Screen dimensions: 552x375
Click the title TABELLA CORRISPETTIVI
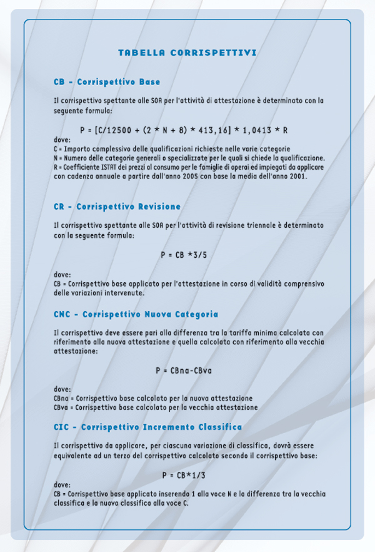point(187,53)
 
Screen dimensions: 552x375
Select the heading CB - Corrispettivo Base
point(107,82)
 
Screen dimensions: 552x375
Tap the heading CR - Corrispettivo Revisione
point(117,207)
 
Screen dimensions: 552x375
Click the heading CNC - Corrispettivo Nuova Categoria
point(136,314)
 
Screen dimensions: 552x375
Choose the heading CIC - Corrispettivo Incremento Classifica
point(147,427)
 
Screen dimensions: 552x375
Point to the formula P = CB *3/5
point(187,255)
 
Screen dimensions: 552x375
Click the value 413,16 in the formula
point(217,130)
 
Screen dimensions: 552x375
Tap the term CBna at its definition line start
point(61,398)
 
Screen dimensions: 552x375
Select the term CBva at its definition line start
point(61,407)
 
